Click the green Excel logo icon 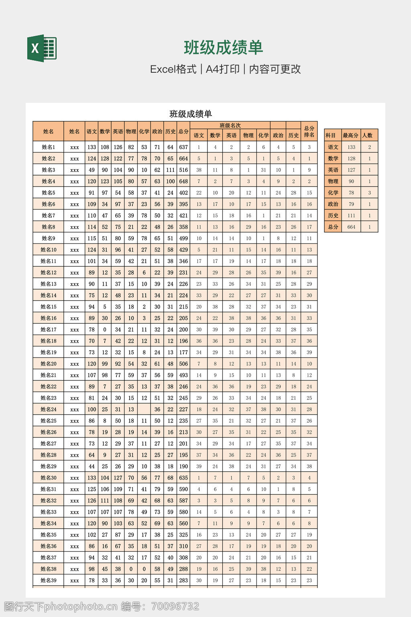click(42, 48)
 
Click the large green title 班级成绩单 click(223, 48)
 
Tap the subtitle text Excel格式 click(173, 69)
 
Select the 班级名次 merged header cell click(230, 126)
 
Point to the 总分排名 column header click(309, 131)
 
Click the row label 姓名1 click(48, 147)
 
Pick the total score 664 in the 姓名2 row click(183, 159)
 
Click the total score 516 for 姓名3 click(183, 170)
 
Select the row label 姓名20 click(48, 364)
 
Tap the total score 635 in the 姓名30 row click(183, 478)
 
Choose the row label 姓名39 click(48, 580)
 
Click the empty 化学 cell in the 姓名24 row click(144, 410)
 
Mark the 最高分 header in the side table click(350, 135)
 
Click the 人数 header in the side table click(367, 135)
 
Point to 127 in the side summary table click(351, 170)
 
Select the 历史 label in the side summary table click(333, 216)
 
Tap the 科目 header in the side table click(331, 135)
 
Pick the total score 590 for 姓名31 click(183, 489)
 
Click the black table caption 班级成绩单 click(191, 114)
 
